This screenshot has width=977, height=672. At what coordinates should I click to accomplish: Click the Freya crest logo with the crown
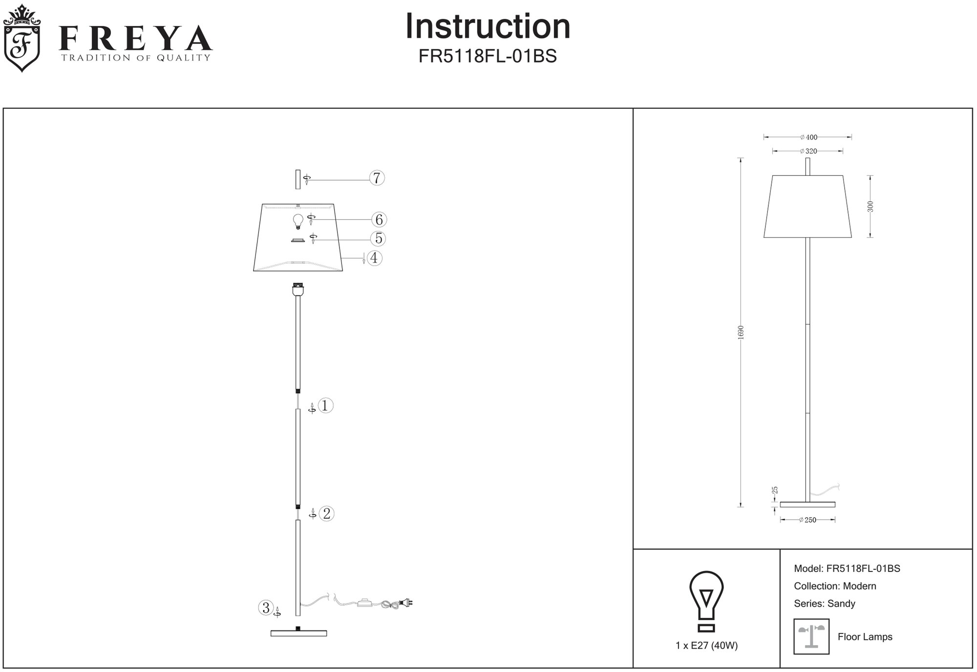[x=21, y=38]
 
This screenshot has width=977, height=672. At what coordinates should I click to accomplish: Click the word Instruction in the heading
[x=488, y=26]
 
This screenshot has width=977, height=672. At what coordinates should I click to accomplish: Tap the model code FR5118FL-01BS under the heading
[x=488, y=57]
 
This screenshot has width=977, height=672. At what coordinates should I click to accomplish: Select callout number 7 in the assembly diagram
[x=377, y=178]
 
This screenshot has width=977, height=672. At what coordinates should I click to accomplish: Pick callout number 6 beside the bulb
[x=379, y=220]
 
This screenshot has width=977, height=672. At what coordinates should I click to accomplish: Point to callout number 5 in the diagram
[x=378, y=239]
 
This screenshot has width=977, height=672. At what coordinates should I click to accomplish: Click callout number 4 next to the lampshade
[x=374, y=258]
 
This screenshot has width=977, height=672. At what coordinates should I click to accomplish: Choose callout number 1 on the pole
[x=325, y=405]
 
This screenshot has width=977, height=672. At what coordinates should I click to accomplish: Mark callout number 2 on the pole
[x=326, y=513]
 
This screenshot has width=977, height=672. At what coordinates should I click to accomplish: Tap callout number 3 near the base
[x=266, y=608]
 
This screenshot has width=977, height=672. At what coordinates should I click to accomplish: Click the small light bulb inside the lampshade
[x=297, y=221]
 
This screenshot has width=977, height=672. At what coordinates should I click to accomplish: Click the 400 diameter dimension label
[x=809, y=137]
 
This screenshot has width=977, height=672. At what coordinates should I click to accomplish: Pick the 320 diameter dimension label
[x=808, y=151]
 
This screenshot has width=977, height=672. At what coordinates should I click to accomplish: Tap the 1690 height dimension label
[x=741, y=332]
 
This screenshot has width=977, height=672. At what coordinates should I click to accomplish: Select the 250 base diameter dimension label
[x=807, y=520]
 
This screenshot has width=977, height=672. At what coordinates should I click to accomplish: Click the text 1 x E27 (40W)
[x=706, y=646]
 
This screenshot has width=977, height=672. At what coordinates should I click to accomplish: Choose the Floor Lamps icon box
[x=811, y=636]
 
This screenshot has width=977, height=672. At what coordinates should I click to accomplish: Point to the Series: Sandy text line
[x=825, y=604]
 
